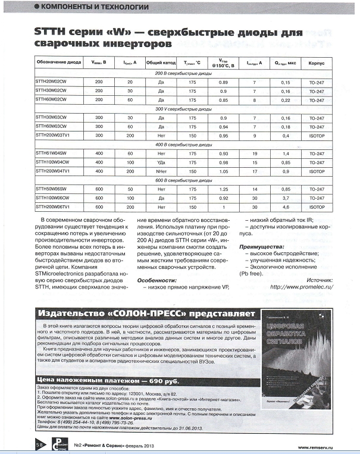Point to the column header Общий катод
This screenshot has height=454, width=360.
click(x=160, y=62)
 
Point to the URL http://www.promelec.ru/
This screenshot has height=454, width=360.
click(x=301, y=286)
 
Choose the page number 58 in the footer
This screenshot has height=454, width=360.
click(x=40, y=444)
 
